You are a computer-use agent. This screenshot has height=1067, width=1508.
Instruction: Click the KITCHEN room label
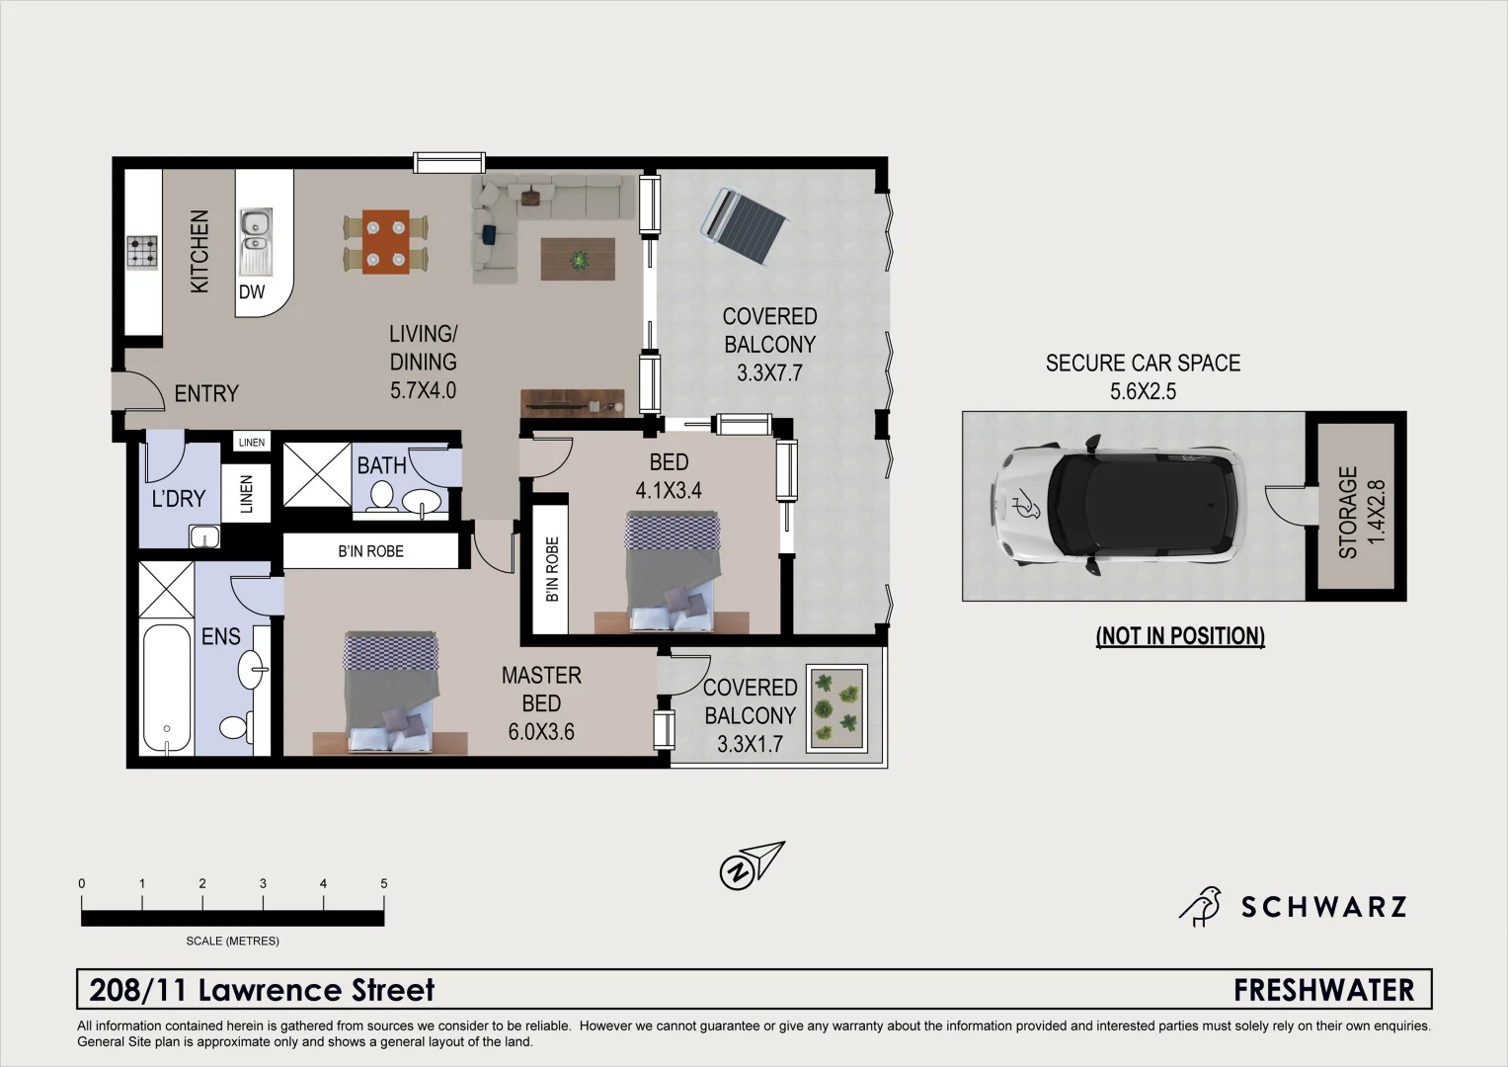(199, 251)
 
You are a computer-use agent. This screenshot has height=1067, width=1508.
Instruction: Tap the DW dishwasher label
(252, 291)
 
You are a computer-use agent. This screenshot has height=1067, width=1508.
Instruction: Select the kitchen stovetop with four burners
(141, 252)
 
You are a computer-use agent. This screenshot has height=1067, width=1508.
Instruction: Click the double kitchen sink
(255, 241)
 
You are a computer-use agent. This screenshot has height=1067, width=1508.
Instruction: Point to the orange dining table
(385, 242)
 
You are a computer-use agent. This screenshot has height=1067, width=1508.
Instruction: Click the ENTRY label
(206, 394)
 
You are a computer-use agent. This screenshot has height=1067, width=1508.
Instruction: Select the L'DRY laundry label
(178, 499)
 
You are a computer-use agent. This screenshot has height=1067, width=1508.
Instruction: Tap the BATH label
(381, 465)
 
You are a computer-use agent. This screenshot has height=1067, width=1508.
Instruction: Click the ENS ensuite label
(220, 637)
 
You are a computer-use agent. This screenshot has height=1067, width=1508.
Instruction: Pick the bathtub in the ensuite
(166, 688)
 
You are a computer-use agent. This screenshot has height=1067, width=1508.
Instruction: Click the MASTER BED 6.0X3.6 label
(541, 703)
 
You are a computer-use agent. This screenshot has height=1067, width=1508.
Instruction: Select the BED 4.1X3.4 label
(669, 476)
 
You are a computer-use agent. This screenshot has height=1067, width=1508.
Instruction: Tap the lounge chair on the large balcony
(746, 225)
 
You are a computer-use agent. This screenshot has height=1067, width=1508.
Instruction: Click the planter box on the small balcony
(836, 708)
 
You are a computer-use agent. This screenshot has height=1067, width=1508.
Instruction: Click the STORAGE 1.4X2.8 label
(1361, 512)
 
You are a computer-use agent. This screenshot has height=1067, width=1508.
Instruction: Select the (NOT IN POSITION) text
(1180, 636)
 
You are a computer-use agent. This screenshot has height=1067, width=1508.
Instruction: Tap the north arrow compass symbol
(751, 865)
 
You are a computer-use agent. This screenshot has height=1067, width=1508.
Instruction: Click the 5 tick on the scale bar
(383, 884)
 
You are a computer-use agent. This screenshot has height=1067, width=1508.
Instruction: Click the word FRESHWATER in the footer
(1323, 990)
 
